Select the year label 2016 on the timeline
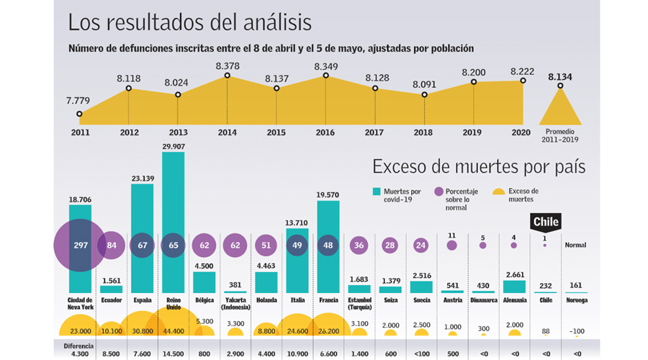[x=326, y=132]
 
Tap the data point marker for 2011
[x=79, y=114]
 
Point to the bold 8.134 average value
[x=560, y=76]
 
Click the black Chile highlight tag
[x=545, y=222]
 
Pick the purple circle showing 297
[x=80, y=245]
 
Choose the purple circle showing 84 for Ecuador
[x=112, y=245]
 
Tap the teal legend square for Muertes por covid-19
[x=377, y=192]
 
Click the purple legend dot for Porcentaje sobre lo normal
[x=438, y=192]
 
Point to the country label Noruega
[x=575, y=300]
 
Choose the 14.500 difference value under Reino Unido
[x=174, y=354]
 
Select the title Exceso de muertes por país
[x=478, y=167]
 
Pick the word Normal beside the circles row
[x=575, y=245]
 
